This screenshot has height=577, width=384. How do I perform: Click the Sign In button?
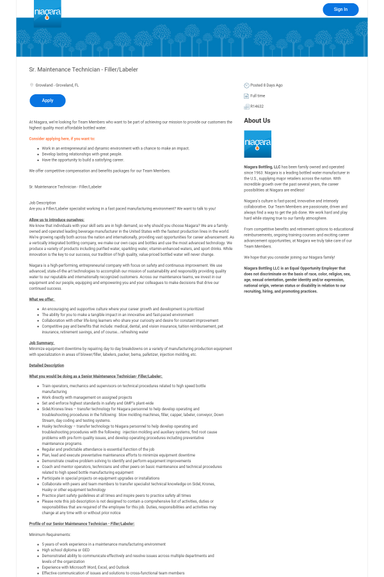point(340,9)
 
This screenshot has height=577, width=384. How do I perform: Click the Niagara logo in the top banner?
point(47,13)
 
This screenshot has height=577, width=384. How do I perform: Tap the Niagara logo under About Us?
point(257,144)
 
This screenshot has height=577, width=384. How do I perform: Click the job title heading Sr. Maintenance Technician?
point(83,69)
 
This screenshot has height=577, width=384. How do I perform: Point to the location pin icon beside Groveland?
point(31,85)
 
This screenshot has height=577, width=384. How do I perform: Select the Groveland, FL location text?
point(58,85)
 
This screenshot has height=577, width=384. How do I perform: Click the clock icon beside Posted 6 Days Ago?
point(246,85)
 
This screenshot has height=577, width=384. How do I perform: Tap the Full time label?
point(258,96)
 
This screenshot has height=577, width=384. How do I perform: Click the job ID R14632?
point(257,106)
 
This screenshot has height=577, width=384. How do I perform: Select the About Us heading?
point(257,121)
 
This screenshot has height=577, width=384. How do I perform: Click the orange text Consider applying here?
point(62,138)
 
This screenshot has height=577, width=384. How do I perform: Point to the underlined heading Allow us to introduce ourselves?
point(56,219)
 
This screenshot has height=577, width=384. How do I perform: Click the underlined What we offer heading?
point(42,299)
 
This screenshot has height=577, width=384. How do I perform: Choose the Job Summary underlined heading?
point(42,343)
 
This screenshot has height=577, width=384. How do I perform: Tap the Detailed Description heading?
point(47,365)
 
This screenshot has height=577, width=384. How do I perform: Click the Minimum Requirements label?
point(50,534)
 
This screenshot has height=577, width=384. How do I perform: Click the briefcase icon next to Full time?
point(246,96)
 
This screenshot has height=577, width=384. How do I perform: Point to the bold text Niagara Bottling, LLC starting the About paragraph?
point(262,166)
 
